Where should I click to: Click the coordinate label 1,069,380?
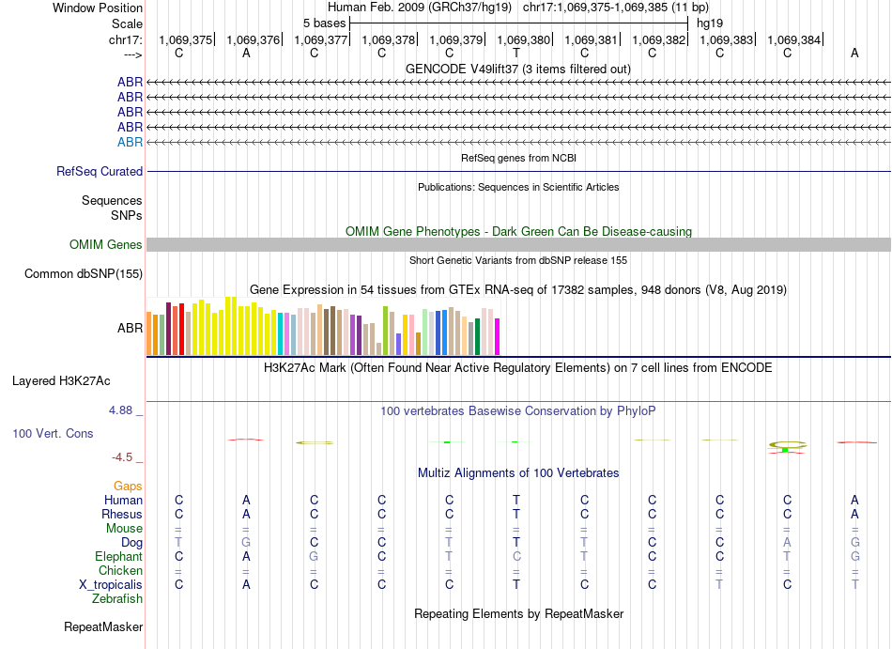click(x=523, y=39)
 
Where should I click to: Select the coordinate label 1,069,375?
click(x=186, y=39)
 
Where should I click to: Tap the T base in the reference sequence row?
click(x=516, y=54)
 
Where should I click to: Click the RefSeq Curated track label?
click(x=100, y=172)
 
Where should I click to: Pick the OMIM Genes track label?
click(x=106, y=245)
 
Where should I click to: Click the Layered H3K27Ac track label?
click(x=61, y=381)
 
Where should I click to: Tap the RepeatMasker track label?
click(x=103, y=626)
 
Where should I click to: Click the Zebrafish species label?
click(x=117, y=598)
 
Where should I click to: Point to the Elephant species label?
click(x=117, y=556)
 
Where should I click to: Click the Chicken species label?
click(x=120, y=570)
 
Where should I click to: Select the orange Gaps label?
click(x=128, y=486)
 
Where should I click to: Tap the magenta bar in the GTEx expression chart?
click(x=498, y=336)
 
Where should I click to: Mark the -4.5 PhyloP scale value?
click(x=122, y=457)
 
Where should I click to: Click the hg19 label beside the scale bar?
click(x=709, y=22)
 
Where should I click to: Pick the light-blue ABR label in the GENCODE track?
click(x=130, y=142)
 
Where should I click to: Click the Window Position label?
click(x=98, y=8)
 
